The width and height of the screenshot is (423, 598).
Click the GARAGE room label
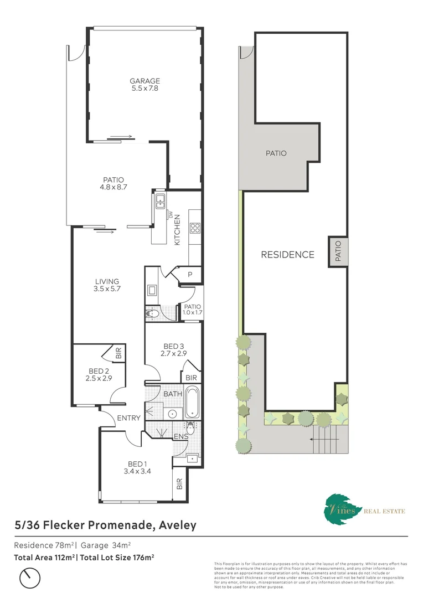[x=145, y=81]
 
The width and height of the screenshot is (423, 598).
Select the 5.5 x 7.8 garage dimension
[x=145, y=89]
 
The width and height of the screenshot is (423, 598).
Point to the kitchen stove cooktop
[x=195, y=227]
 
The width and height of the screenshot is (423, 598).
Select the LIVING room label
[x=107, y=281]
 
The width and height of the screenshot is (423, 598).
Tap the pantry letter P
[x=189, y=274]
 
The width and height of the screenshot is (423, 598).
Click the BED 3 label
[x=173, y=346]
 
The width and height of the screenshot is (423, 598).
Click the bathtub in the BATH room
[x=193, y=402]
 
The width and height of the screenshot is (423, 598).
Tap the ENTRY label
[x=128, y=418]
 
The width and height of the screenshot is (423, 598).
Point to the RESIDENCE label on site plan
[x=287, y=255]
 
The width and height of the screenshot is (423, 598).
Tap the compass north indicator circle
[x=30, y=579]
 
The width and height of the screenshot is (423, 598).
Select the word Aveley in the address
[x=177, y=524]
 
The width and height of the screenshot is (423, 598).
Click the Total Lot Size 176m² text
[x=116, y=556]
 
